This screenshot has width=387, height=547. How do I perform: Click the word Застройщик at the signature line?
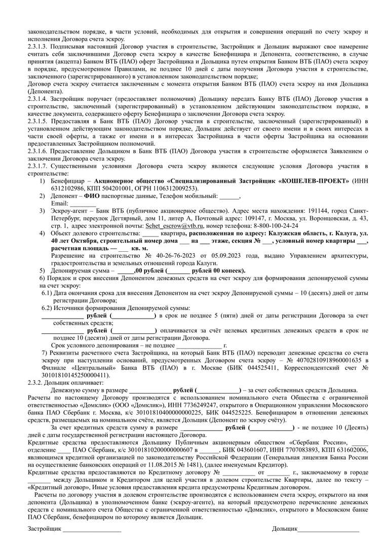[x=44, y=529]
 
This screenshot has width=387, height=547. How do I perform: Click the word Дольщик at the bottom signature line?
[x=284, y=529]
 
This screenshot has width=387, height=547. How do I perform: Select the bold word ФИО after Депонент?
[x=92, y=196]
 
